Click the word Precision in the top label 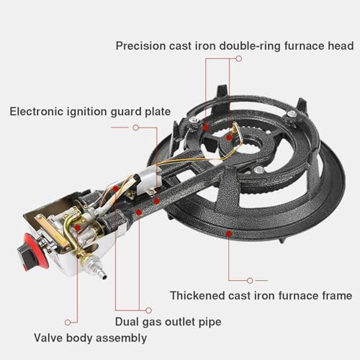[141, 45]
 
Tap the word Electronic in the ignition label [37, 112]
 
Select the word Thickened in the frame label [197, 295]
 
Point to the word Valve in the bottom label [48, 338]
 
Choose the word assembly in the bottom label [121, 338]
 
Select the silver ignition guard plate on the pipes [147, 179]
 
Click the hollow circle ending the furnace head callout [239, 58]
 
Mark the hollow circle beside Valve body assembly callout [68, 323]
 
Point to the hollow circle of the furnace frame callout [250, 280]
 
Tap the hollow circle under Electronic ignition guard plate [135, 127]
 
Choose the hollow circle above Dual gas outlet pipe [148, 310]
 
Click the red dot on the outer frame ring [229, 233]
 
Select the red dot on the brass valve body [77, 227]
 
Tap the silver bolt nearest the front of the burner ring [259, 170]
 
